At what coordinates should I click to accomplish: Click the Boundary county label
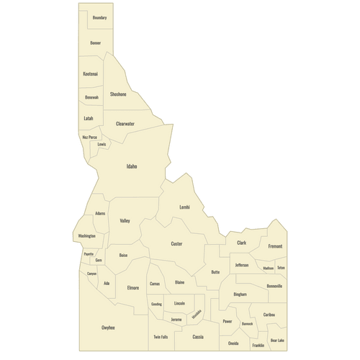tap(99, 17)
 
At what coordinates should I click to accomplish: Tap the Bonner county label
tap(96, 43)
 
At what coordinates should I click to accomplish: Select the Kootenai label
tap(90, 73)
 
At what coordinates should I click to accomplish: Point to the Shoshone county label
tap(118, 94)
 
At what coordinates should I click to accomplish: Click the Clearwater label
tap(125, 124)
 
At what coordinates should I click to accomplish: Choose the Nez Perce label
tap(89, 137)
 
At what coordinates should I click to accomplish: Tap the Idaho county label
tap(132, 166)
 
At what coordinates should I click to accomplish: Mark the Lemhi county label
tap(184, 207)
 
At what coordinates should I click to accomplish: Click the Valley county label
tap(125, 221)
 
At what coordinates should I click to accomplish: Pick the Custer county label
tap(176, 244)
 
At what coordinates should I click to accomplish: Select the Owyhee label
tap(108, 328)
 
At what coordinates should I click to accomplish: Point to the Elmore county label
tap(132, 288)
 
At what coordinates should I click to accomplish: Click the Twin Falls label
tap(161, 337)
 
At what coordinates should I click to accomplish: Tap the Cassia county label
tap(198, 337)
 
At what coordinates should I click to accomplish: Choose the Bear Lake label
tap(277, 340)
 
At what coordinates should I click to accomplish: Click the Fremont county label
tap(275, 246)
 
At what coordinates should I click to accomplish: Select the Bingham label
tap(240, 294)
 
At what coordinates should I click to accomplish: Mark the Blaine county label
tap(180, 282)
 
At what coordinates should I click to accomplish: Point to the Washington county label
tap(86, 236)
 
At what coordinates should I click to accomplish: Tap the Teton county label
tap(281, 268)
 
